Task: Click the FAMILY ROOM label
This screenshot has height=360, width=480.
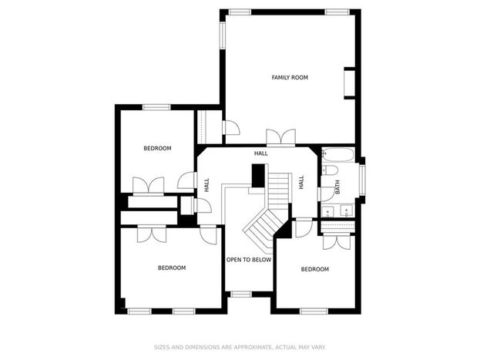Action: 290,78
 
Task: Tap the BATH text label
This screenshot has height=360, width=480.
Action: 337,187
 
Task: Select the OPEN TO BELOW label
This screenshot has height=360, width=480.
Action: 249,260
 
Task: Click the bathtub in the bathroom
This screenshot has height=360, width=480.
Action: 338,155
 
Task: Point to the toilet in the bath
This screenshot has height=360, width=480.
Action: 330,170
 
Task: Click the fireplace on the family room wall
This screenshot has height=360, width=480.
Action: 350,83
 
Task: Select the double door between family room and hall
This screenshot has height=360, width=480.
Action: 280,136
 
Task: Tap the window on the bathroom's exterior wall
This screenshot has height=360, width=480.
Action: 362,180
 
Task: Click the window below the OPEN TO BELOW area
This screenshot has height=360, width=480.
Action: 241,294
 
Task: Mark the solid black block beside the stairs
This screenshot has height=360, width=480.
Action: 258,176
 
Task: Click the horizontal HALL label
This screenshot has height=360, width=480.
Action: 261,153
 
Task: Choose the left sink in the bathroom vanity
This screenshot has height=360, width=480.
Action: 327,211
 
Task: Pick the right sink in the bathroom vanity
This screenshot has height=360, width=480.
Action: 347,210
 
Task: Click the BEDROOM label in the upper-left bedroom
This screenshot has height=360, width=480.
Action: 157,148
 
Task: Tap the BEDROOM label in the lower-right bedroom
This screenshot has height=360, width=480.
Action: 314,269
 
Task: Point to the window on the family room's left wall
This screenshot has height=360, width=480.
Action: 223,35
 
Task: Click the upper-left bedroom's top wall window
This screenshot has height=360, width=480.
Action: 156,107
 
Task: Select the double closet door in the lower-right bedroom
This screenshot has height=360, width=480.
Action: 337,241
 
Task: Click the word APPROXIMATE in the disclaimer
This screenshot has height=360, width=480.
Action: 253,347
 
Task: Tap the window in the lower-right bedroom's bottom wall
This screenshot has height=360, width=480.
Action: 314,311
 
